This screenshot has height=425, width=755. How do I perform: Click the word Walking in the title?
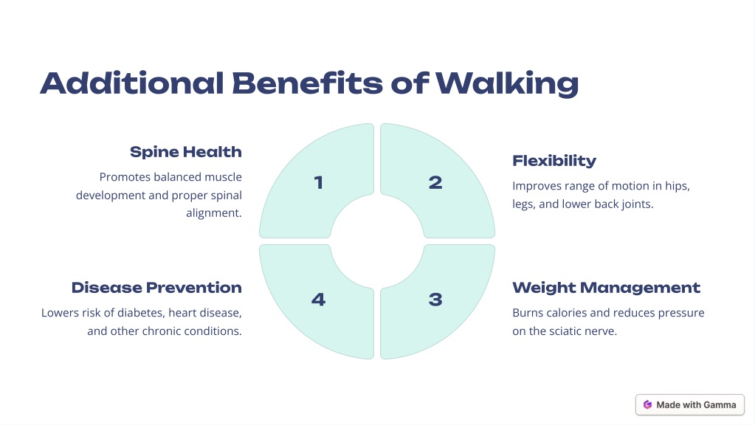(x=507, y=84)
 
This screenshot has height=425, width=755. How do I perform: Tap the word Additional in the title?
(x=132, y=83)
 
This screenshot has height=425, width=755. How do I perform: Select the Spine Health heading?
(x=186, y=152)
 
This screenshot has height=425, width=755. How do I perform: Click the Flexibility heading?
(x=554, y=161)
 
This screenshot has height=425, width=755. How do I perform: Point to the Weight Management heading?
(x=606, y=288)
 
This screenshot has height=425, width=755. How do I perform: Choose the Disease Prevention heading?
(x=156, y=288)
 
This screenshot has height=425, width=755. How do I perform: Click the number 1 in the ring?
(x=318, y=182)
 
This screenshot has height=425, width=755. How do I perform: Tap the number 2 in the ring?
(x=435, y=182)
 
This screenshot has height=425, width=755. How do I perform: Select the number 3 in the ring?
(x=435, y=300)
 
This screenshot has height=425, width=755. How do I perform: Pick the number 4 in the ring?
(x=318, y=300)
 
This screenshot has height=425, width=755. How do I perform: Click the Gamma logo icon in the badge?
(x=648, y=405)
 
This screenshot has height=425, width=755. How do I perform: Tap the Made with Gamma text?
(x=696, y=405)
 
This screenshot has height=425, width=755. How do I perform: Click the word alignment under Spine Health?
(x=214, y=213)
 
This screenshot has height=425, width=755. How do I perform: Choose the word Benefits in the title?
(x=307, y=83)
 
